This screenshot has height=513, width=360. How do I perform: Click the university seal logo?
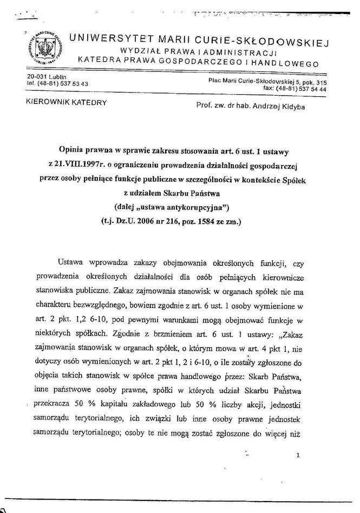pos(44,50)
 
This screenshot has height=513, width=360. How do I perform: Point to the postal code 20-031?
pos(37,77)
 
